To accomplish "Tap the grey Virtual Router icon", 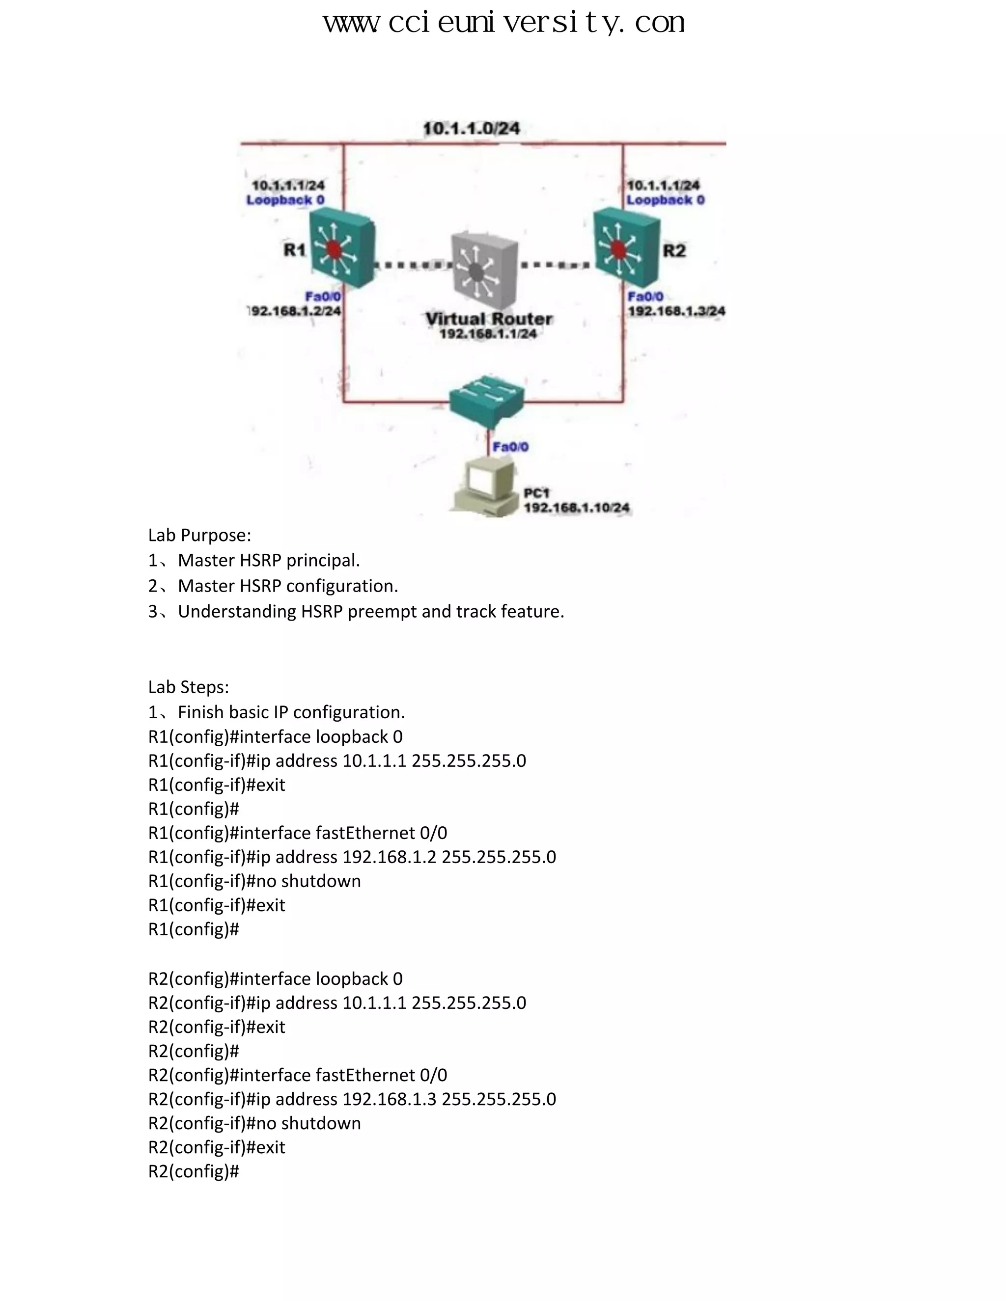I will [484, 271].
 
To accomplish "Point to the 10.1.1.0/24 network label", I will [471, 129].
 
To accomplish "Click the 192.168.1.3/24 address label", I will [676, 311].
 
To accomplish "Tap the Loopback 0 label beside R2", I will [665, 200].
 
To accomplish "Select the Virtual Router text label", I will [489, 319].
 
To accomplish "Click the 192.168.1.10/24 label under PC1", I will [576, 508].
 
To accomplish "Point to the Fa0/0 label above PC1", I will [510, 447].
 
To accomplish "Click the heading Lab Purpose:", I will [199, 535].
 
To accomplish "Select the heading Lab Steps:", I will [188, 687].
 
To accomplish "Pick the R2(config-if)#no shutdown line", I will [254, 1123].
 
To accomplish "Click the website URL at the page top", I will [503, 23].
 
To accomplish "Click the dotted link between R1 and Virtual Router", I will [411, 265].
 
